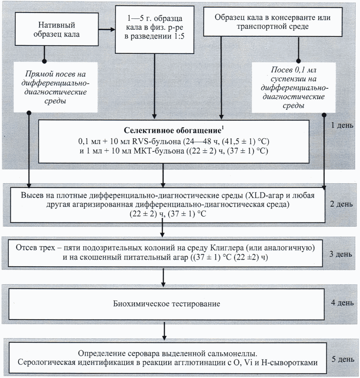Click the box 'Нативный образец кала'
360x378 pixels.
(x=56, y=29)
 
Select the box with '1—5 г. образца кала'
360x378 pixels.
(x=154, y=30)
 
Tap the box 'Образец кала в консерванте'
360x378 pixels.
(x=273, y=22)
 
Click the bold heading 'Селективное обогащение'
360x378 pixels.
(x=173, y=131)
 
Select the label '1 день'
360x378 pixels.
(x=342, y=125)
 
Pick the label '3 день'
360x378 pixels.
(x=341, y=254)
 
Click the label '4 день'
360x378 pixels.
(x=342, y=303)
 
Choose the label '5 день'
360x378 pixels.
(x=343, y=359)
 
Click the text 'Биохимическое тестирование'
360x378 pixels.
(x=167, y=303)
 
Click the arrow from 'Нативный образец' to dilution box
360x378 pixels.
(x=106, y=30)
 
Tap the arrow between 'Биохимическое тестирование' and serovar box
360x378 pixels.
(x=164, y=331)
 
